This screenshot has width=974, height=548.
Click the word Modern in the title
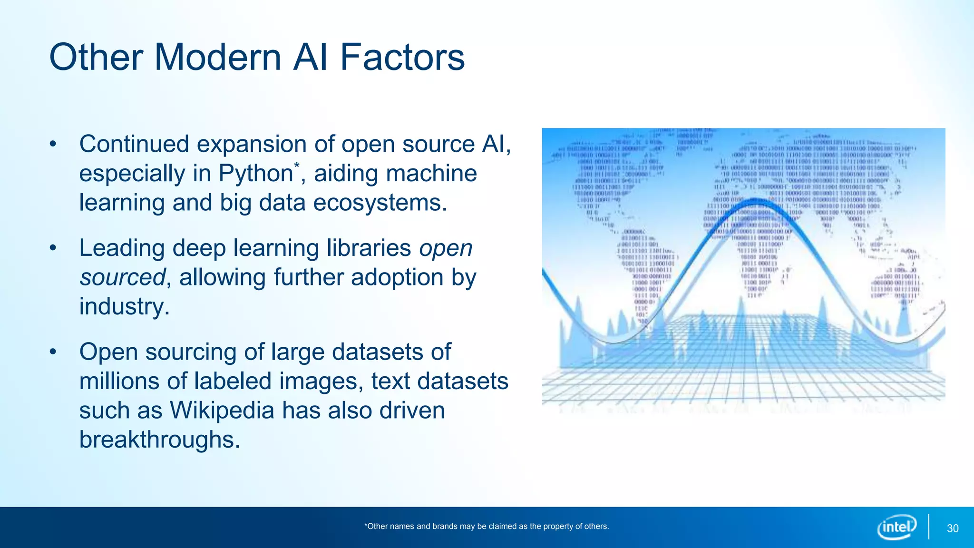click(218, 57)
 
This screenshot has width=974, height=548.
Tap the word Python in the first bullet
click(256, 174)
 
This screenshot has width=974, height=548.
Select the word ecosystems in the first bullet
click(380, 203)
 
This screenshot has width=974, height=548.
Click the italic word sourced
click(122, 277)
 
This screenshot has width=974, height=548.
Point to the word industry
click(124, 306)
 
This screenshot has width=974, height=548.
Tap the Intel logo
click(896, 527)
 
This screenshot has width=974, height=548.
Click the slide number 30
click(953, 528)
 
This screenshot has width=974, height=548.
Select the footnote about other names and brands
click(486, 526)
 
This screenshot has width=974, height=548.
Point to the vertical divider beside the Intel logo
click(928, 527)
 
